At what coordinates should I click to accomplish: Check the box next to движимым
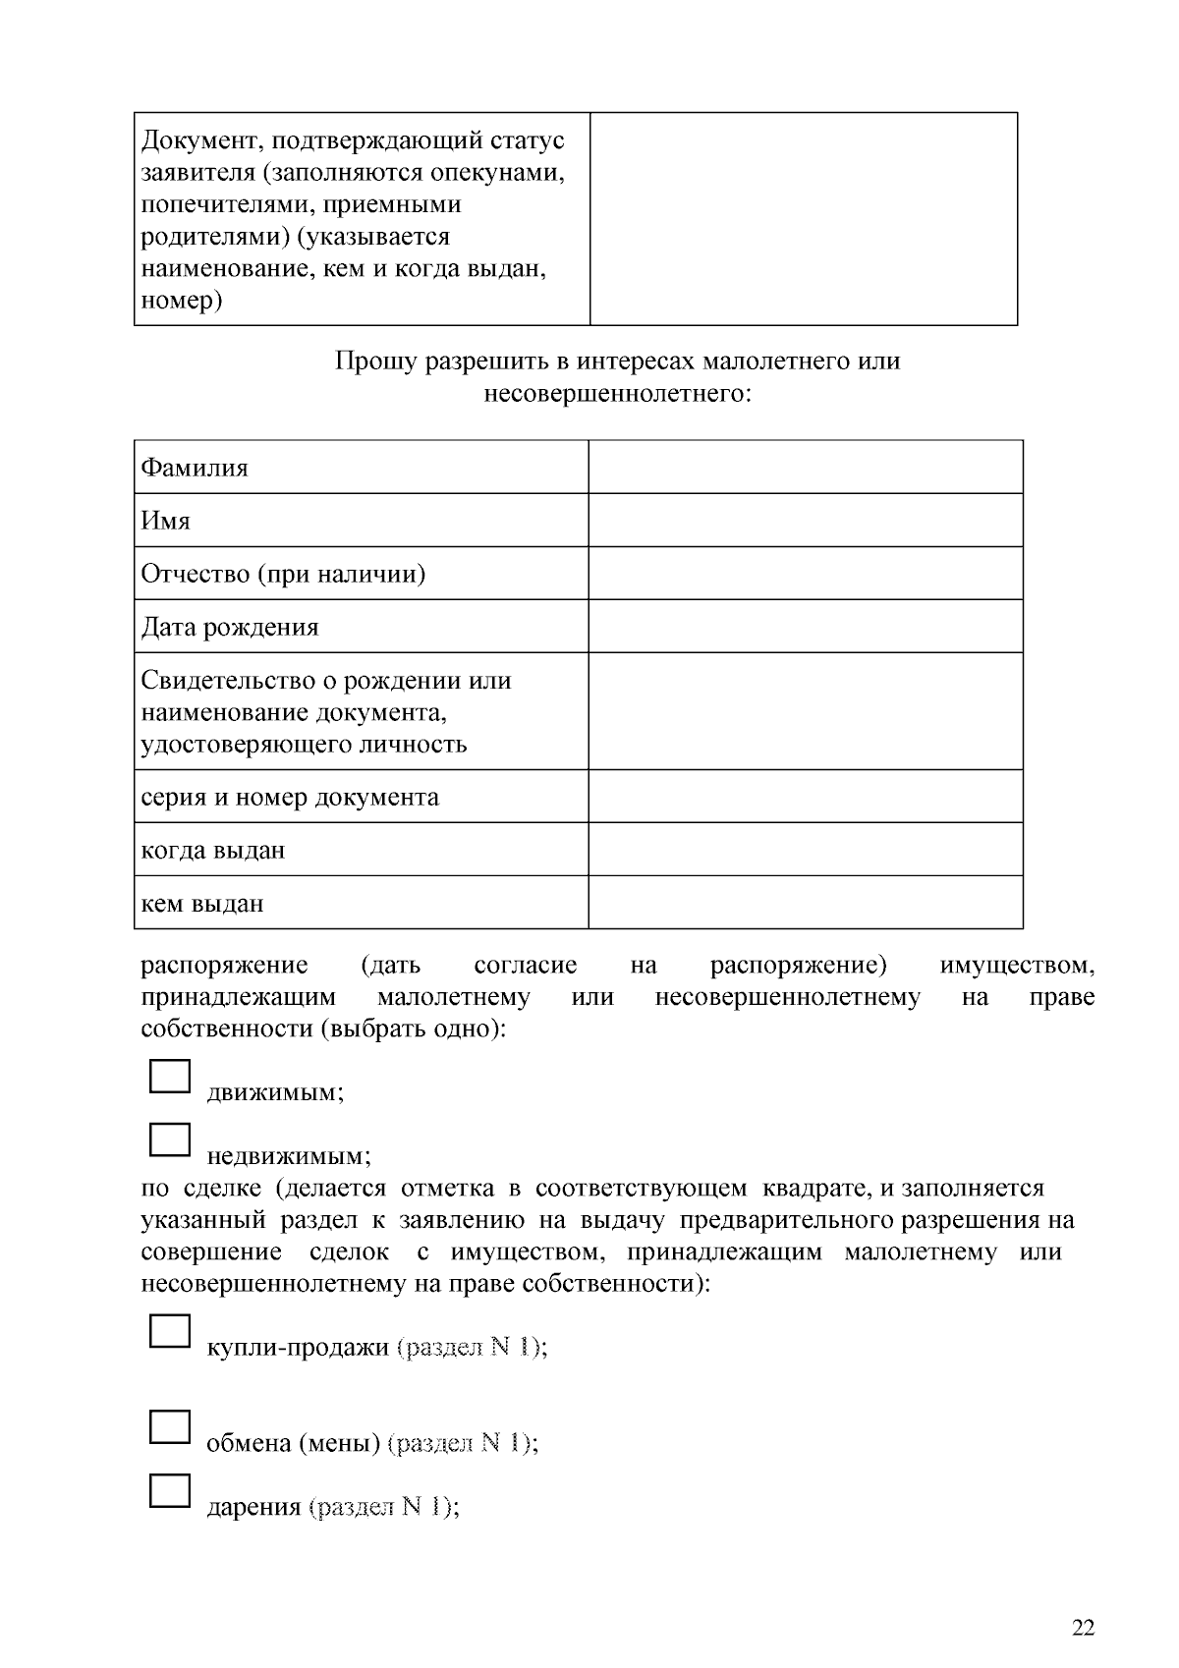point(169,1076)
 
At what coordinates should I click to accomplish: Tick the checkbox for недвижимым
point(169,1140)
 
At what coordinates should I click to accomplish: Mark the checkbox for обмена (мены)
point(169,1426)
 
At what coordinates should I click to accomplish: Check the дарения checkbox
point(169,1490)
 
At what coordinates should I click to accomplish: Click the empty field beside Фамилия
point(805,467)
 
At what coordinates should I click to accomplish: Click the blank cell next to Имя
point(805,520)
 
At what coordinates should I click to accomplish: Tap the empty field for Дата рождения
point(805,626)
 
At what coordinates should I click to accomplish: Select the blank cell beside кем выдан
point(805,902)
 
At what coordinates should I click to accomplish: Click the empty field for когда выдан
point(805,849)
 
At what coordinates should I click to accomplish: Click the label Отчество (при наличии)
point(283,574)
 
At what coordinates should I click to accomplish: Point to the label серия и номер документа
point(290,797)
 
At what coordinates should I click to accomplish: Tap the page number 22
point(1083,1628)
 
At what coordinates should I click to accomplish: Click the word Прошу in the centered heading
point(376,361)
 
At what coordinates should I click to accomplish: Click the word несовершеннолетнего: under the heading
point(617,394)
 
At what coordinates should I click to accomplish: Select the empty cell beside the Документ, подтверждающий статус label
point(803,218)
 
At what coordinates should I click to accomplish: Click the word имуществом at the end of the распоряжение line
point(1016,966)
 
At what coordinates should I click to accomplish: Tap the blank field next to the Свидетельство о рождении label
point(805,710)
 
